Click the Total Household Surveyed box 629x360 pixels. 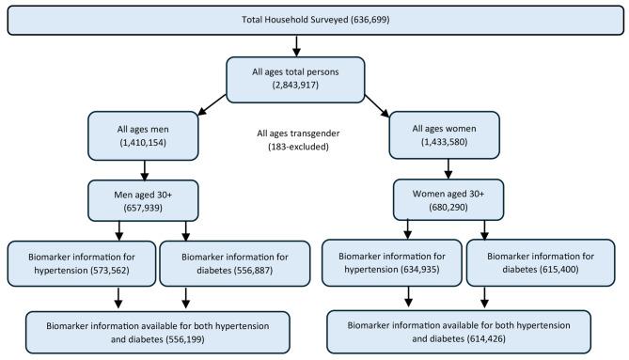pos(314,21)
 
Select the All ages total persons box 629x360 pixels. pos(296,75)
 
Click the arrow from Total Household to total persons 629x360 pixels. pos(296,44)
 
